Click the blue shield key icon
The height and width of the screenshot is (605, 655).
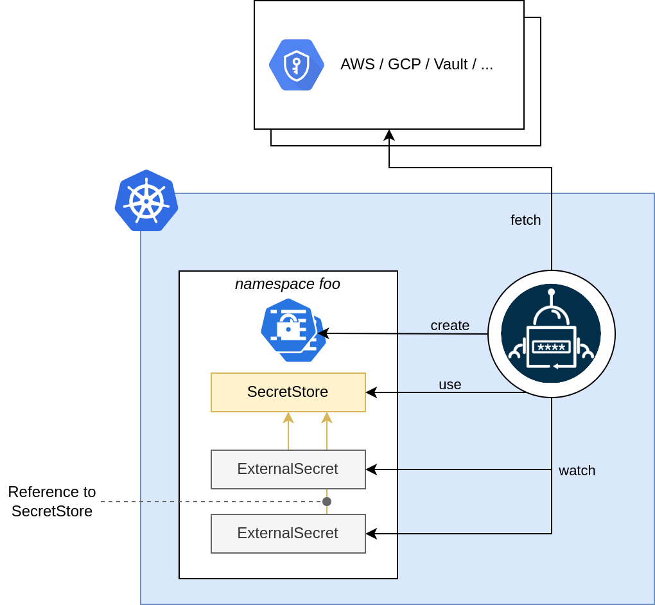tap(296, 65)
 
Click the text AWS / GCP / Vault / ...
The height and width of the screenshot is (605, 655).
tap(416, 64)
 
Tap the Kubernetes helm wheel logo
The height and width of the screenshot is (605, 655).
tap(146, 200)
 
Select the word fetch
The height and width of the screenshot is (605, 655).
tap(525, 220)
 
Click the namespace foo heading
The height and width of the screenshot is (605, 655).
tap(287, 284)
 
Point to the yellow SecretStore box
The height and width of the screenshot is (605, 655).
tap(288, 392)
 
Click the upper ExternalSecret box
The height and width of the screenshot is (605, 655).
tap(288, 469)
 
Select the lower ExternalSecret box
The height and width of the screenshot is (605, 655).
tap(288, 533)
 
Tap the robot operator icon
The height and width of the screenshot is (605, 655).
tap(551, 334)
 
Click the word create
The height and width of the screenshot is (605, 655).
tap(450, 326)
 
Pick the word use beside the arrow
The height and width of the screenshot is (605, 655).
tap(450, 385)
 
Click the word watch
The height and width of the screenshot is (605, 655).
tap(577, 471)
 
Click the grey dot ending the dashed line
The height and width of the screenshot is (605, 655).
tap(327, 502)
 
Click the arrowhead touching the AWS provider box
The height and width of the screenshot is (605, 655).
tap(389, 135)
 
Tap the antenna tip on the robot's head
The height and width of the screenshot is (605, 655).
tap(551, 292)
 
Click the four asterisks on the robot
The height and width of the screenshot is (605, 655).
tap(551, 347)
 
